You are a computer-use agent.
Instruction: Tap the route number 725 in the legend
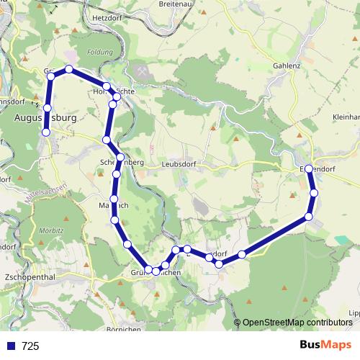pyautogui.click(x=31, y=346)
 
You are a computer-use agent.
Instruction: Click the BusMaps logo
pyautogui.click(x=325, y=346)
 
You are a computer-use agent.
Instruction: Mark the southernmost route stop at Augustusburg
pyautogui.click(x=46, y=132)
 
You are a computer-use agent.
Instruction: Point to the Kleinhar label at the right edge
pyautogui.click(x=346, y=116)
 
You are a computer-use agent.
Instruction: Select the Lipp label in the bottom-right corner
pyautogui.click(x=353, y=313)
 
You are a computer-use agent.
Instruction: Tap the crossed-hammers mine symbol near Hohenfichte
pyautogui.click(x=140, y=73)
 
